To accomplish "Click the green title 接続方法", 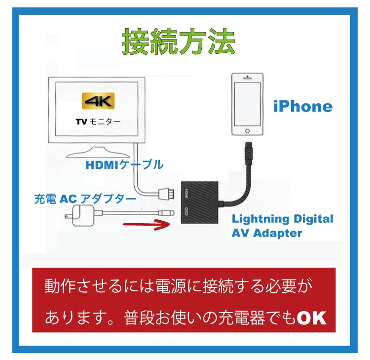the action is (179, 42).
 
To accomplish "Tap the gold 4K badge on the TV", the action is (98, 101).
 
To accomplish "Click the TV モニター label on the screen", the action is (98, 122).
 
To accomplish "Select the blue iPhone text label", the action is (303, 107).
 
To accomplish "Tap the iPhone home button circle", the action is (247, 131).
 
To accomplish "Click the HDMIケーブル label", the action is (125, 164).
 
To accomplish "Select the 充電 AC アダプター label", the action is (85, 199).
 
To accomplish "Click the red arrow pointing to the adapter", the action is (147, 224).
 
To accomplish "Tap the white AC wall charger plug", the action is (82, 216).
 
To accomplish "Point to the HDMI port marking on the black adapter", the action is (186, 194).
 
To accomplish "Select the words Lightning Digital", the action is (283, 219).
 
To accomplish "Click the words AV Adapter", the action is (267, 234).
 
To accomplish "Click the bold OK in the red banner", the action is (311, 318).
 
